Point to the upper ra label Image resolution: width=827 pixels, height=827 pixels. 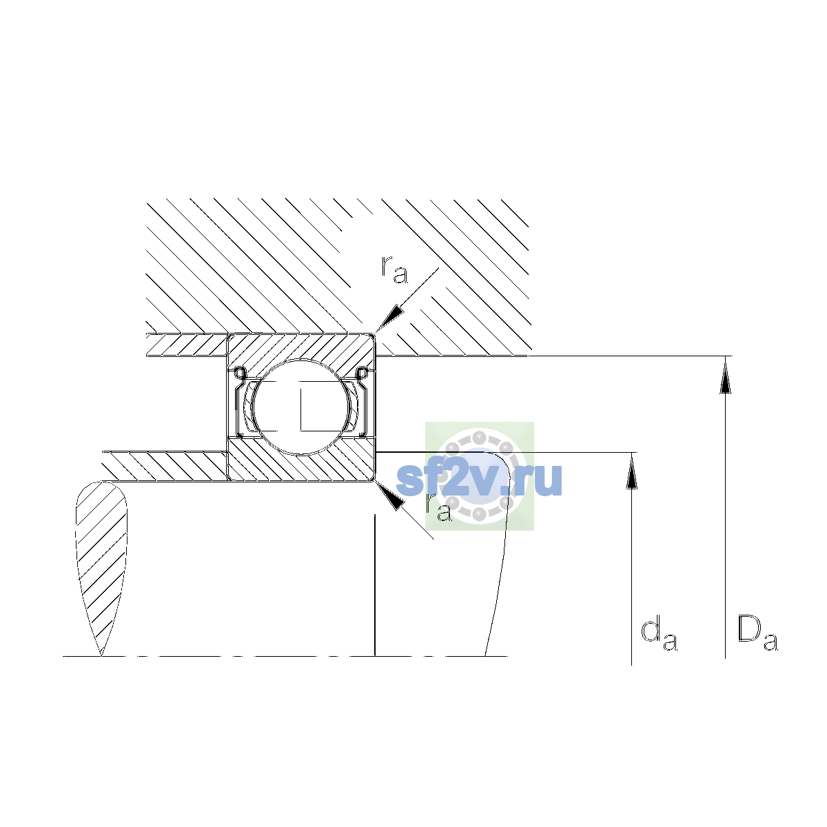394,269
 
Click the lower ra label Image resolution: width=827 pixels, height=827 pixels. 438,508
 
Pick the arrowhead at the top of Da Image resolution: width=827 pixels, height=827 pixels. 725,376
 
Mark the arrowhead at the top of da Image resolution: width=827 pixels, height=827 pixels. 631,471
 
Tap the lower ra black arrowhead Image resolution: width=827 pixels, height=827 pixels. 390,496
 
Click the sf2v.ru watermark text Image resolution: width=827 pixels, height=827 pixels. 478,480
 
